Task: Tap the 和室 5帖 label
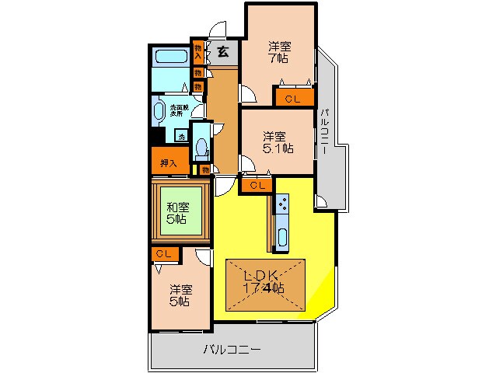click(177, 212)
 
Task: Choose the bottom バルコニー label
click(232, 349)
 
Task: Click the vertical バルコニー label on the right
click(324, 132)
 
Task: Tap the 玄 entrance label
click(223, 53)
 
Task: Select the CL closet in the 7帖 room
click(292, 99)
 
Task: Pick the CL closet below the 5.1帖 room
click(257, 185)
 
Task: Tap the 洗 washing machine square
click(181, 137)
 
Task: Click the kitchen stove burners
click(282, 206)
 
